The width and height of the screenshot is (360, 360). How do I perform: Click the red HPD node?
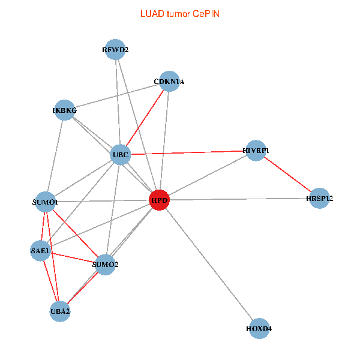(x=159, y=200)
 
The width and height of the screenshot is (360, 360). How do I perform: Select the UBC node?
(x=120, y=155)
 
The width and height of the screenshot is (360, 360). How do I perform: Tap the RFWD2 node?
(x=115, y=50)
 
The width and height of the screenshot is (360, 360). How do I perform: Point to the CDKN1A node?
(x=169, y=82)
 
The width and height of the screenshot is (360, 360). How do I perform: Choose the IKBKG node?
(x=65, y=110)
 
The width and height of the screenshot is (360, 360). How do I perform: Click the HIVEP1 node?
(x=256, y=150)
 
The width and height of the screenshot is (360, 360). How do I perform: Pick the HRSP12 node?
(x=319, y=198)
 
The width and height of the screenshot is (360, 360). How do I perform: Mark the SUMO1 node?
(x=46, y=202)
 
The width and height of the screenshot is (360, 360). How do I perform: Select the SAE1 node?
(x=41, y=250)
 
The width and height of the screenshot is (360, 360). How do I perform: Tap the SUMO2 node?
(x=105, y=264)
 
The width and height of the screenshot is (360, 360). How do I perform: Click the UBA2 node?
(x=60, y=311)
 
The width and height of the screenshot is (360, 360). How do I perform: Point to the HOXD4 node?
(x=259, y=329)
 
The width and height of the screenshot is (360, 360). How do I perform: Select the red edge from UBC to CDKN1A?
(x=145, y=118)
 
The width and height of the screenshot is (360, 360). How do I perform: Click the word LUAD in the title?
(x=151, y=13)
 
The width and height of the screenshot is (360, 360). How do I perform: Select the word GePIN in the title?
(x=206, y=13)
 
